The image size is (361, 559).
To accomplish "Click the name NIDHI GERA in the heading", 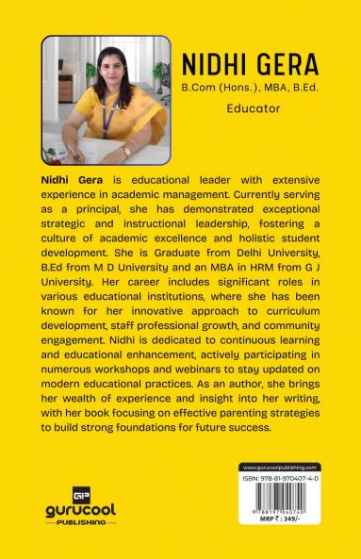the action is click(x=249, y=64).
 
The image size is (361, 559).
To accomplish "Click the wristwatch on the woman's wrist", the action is click(x=125, y=150).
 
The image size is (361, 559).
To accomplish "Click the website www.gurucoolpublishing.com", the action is click(x=280, y=468).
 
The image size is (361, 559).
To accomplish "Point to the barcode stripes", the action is click(x=280, y=496).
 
